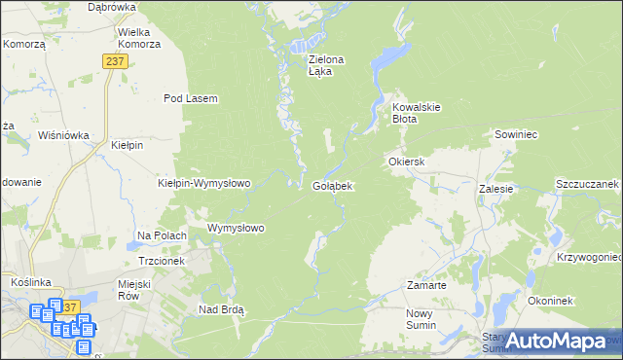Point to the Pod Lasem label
coord(190,98)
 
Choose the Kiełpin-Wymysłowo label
coord(204,182)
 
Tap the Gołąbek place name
coord(332,185)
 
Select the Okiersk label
coord(408,162)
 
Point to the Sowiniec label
coord(516,134)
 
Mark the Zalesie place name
coord(495,190)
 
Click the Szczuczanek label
coord(587,184)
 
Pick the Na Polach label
coord(162,235)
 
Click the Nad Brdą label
coord(221,309)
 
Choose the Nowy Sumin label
coord(424,319)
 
